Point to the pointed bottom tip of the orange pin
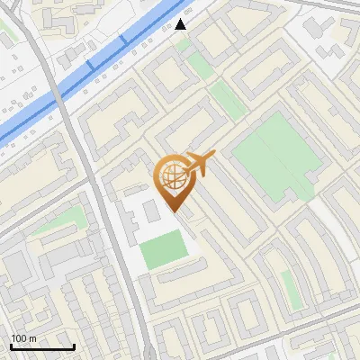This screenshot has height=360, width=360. (x=174, y=212)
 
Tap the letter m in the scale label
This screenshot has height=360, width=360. (x=34, y=338)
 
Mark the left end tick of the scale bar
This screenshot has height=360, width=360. (x=10, y=346)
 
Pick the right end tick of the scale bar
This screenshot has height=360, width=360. (x=74, y=346)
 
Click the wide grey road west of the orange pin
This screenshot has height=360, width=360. (x=103, y=207)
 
